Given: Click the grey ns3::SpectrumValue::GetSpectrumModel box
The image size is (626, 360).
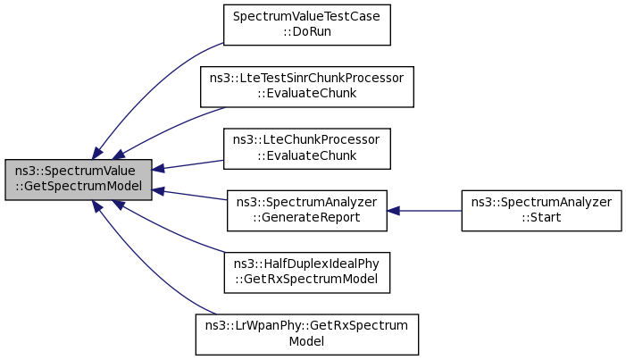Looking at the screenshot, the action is [x=79, y=180].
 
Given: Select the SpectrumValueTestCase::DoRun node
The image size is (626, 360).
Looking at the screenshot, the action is [x=306, y=25].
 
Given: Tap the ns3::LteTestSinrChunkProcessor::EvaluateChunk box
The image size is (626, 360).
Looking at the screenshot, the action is [x=306, y=87].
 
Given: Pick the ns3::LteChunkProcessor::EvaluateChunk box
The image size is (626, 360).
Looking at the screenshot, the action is [x=306, y=148].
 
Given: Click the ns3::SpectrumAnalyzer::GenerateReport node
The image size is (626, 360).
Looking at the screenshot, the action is [x=306, y=211].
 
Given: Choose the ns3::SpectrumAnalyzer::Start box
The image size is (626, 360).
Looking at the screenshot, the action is [x=541, y=211].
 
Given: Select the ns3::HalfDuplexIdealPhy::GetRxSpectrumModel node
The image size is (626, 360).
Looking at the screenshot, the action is [x=306, y=272].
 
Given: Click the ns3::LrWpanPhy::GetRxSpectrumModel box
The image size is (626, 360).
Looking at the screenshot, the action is [x=306, y=334].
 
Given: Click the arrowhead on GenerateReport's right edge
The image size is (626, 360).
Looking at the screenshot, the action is [x=393, y=211].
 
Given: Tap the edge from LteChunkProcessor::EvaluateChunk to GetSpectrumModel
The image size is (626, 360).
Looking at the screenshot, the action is [x=188, y=164].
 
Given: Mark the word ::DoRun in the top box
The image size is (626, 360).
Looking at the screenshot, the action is [x=306, y=31].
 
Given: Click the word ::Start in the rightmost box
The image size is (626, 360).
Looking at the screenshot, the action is [x=541, y=217].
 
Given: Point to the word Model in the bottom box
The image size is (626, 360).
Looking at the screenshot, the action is [x=306, y=341].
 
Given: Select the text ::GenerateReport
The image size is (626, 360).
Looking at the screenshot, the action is [x=306, y=217].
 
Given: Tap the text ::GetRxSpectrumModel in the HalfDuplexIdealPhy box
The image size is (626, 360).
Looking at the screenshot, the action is [x=306, y=279].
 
